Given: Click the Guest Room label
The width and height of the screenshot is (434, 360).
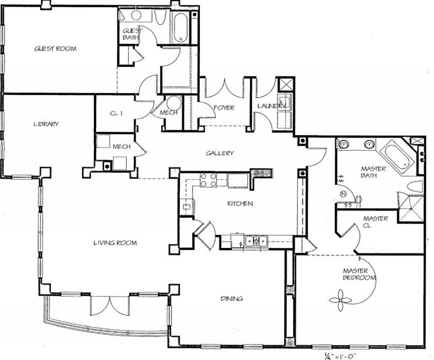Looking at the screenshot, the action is (x=55, y=49).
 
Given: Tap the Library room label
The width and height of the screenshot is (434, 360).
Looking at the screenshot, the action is (x=46, y=124).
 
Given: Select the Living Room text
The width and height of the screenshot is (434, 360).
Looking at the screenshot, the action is (x=115, y=243).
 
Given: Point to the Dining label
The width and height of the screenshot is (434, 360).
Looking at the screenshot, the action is (x=231, y=299).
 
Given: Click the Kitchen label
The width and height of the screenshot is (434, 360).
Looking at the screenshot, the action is (x=240, y=204).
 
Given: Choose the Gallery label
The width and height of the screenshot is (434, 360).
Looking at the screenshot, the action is (x=220, y=153).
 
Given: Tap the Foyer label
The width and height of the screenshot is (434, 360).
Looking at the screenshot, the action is (x=224, y=107).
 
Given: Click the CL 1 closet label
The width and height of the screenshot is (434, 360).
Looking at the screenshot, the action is (x=116, y=114).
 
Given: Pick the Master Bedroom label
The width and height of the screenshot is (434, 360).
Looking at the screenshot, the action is (x=359, y=274).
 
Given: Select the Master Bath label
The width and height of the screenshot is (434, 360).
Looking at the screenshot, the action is (x=369, y=172).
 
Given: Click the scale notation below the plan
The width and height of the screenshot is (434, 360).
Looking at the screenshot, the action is (x=340, y=355).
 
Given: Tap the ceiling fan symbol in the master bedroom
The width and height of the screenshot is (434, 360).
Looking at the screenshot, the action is (x=340, y=300).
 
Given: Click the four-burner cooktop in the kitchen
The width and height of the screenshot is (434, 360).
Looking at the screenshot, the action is (x=208, y=180).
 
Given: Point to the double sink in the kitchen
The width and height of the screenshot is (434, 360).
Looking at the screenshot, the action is (x=256, y=241).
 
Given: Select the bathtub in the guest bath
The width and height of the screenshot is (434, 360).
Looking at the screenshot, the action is (x=180, y=27).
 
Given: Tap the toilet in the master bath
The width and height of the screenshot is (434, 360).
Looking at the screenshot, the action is (x=414, y=186).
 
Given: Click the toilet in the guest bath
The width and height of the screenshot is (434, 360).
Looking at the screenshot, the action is (x=160, y=17).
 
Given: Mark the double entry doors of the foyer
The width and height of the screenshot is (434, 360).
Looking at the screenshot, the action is (x=224, y=88).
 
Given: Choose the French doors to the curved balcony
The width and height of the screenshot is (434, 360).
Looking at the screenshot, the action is (x=110, y=305).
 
